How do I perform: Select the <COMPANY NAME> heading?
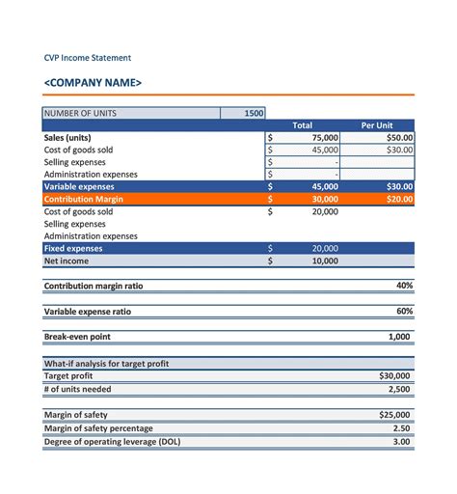point(93,83)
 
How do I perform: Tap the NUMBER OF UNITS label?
point(80,113)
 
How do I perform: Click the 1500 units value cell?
point(254,113)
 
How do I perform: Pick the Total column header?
point(302,125)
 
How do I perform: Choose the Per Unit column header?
point(376,125)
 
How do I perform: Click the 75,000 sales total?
point(325,138)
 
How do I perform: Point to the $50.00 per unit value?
point(399,138)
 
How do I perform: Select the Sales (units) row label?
point(68,138)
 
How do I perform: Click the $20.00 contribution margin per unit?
point(399,199)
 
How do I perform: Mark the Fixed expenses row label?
point(74,248)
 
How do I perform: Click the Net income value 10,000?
point(325,261)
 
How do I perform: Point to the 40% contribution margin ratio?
point(404,286)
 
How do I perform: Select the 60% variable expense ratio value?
point(404,312)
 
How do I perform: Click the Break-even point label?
point(77,337)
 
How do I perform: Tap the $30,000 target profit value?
point(394,375)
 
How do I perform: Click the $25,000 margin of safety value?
point(394,414)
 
